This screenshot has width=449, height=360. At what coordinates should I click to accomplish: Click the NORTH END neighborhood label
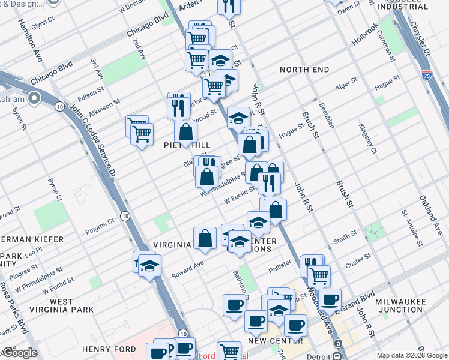click(x=304, y=70)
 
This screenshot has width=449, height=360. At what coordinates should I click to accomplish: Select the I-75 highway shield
click(x=426, y=75)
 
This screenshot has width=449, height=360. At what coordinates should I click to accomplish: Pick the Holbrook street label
click(x=365, y=35)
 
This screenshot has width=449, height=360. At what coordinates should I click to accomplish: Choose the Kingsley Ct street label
click(x=367, y=139)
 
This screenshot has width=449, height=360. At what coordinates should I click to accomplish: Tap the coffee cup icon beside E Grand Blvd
click(x=329, y=298)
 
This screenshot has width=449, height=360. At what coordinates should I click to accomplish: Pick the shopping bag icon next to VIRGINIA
click(x=205, y=238)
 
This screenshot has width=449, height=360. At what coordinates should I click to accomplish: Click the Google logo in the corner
click(x=19, y=353)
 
